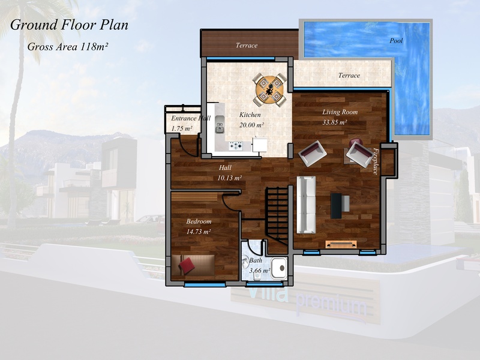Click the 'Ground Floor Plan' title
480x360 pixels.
coord(69,25)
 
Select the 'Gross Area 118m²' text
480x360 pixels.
coord(68,47)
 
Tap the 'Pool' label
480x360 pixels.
coord(396,40)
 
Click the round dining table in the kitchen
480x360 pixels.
coord(269,89)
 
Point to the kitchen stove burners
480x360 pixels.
coord(236,145)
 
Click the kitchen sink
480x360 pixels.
coord(220,127)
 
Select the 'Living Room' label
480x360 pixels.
coord(340,112)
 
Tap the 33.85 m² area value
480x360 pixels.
coord(335,122)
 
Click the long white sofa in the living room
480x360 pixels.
coord(306,205)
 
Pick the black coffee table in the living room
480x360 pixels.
coord(336,206)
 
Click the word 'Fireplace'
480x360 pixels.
coord(376,161)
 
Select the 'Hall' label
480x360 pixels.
coord(225,167)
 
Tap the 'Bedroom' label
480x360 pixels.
coord(199,221)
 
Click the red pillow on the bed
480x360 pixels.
coord(187,265)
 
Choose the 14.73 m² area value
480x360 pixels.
coord(199,232)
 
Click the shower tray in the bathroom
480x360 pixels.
coord(279,268)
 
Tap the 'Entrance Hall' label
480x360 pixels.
coord(191,118)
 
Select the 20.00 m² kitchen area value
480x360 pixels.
coord(251,125)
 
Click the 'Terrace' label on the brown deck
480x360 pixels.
coord(247,46)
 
